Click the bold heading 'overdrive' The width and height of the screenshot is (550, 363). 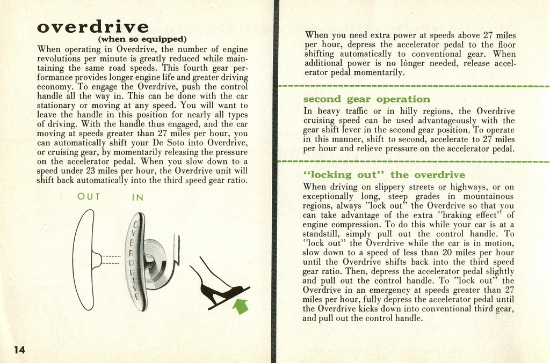pos(93,26)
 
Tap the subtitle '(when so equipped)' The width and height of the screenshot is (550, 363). pos(142,39)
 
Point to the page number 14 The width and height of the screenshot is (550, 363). pos(19,350)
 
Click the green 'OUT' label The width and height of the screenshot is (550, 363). pos(89,197)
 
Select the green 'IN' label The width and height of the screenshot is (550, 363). pos(138,197)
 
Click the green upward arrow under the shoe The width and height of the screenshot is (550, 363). pos(242,306)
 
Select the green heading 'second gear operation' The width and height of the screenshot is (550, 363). pos(367,99)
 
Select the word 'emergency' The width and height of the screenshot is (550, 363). pos(393,290)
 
